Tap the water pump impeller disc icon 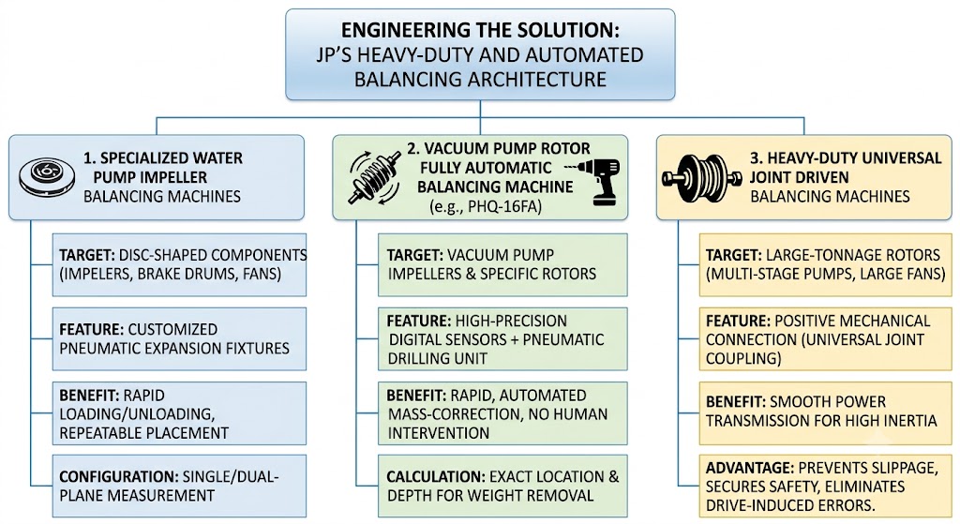[x=47, y=177]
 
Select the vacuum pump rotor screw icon [x=374, y=177]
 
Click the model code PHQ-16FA [x=506, y=206]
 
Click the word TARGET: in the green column [x=414, y=255]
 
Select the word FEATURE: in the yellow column [x=738, y=321]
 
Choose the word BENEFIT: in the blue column [x=89, y=396]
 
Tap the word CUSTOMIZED [x=172, y=329]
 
